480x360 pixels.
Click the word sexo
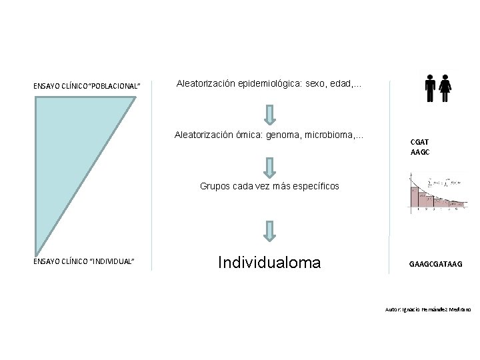tap(315, 84)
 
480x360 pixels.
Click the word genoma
tap(286, 135)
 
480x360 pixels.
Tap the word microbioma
tap(336, 135)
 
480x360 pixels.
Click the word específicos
tap(313, 186)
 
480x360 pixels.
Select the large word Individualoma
tap(269, 263)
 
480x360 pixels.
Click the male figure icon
tap(431, 87)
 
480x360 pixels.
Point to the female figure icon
tap(446, 87)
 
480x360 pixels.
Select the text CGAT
tap(420, 141)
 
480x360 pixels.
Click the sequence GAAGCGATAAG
tap(435, 264)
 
